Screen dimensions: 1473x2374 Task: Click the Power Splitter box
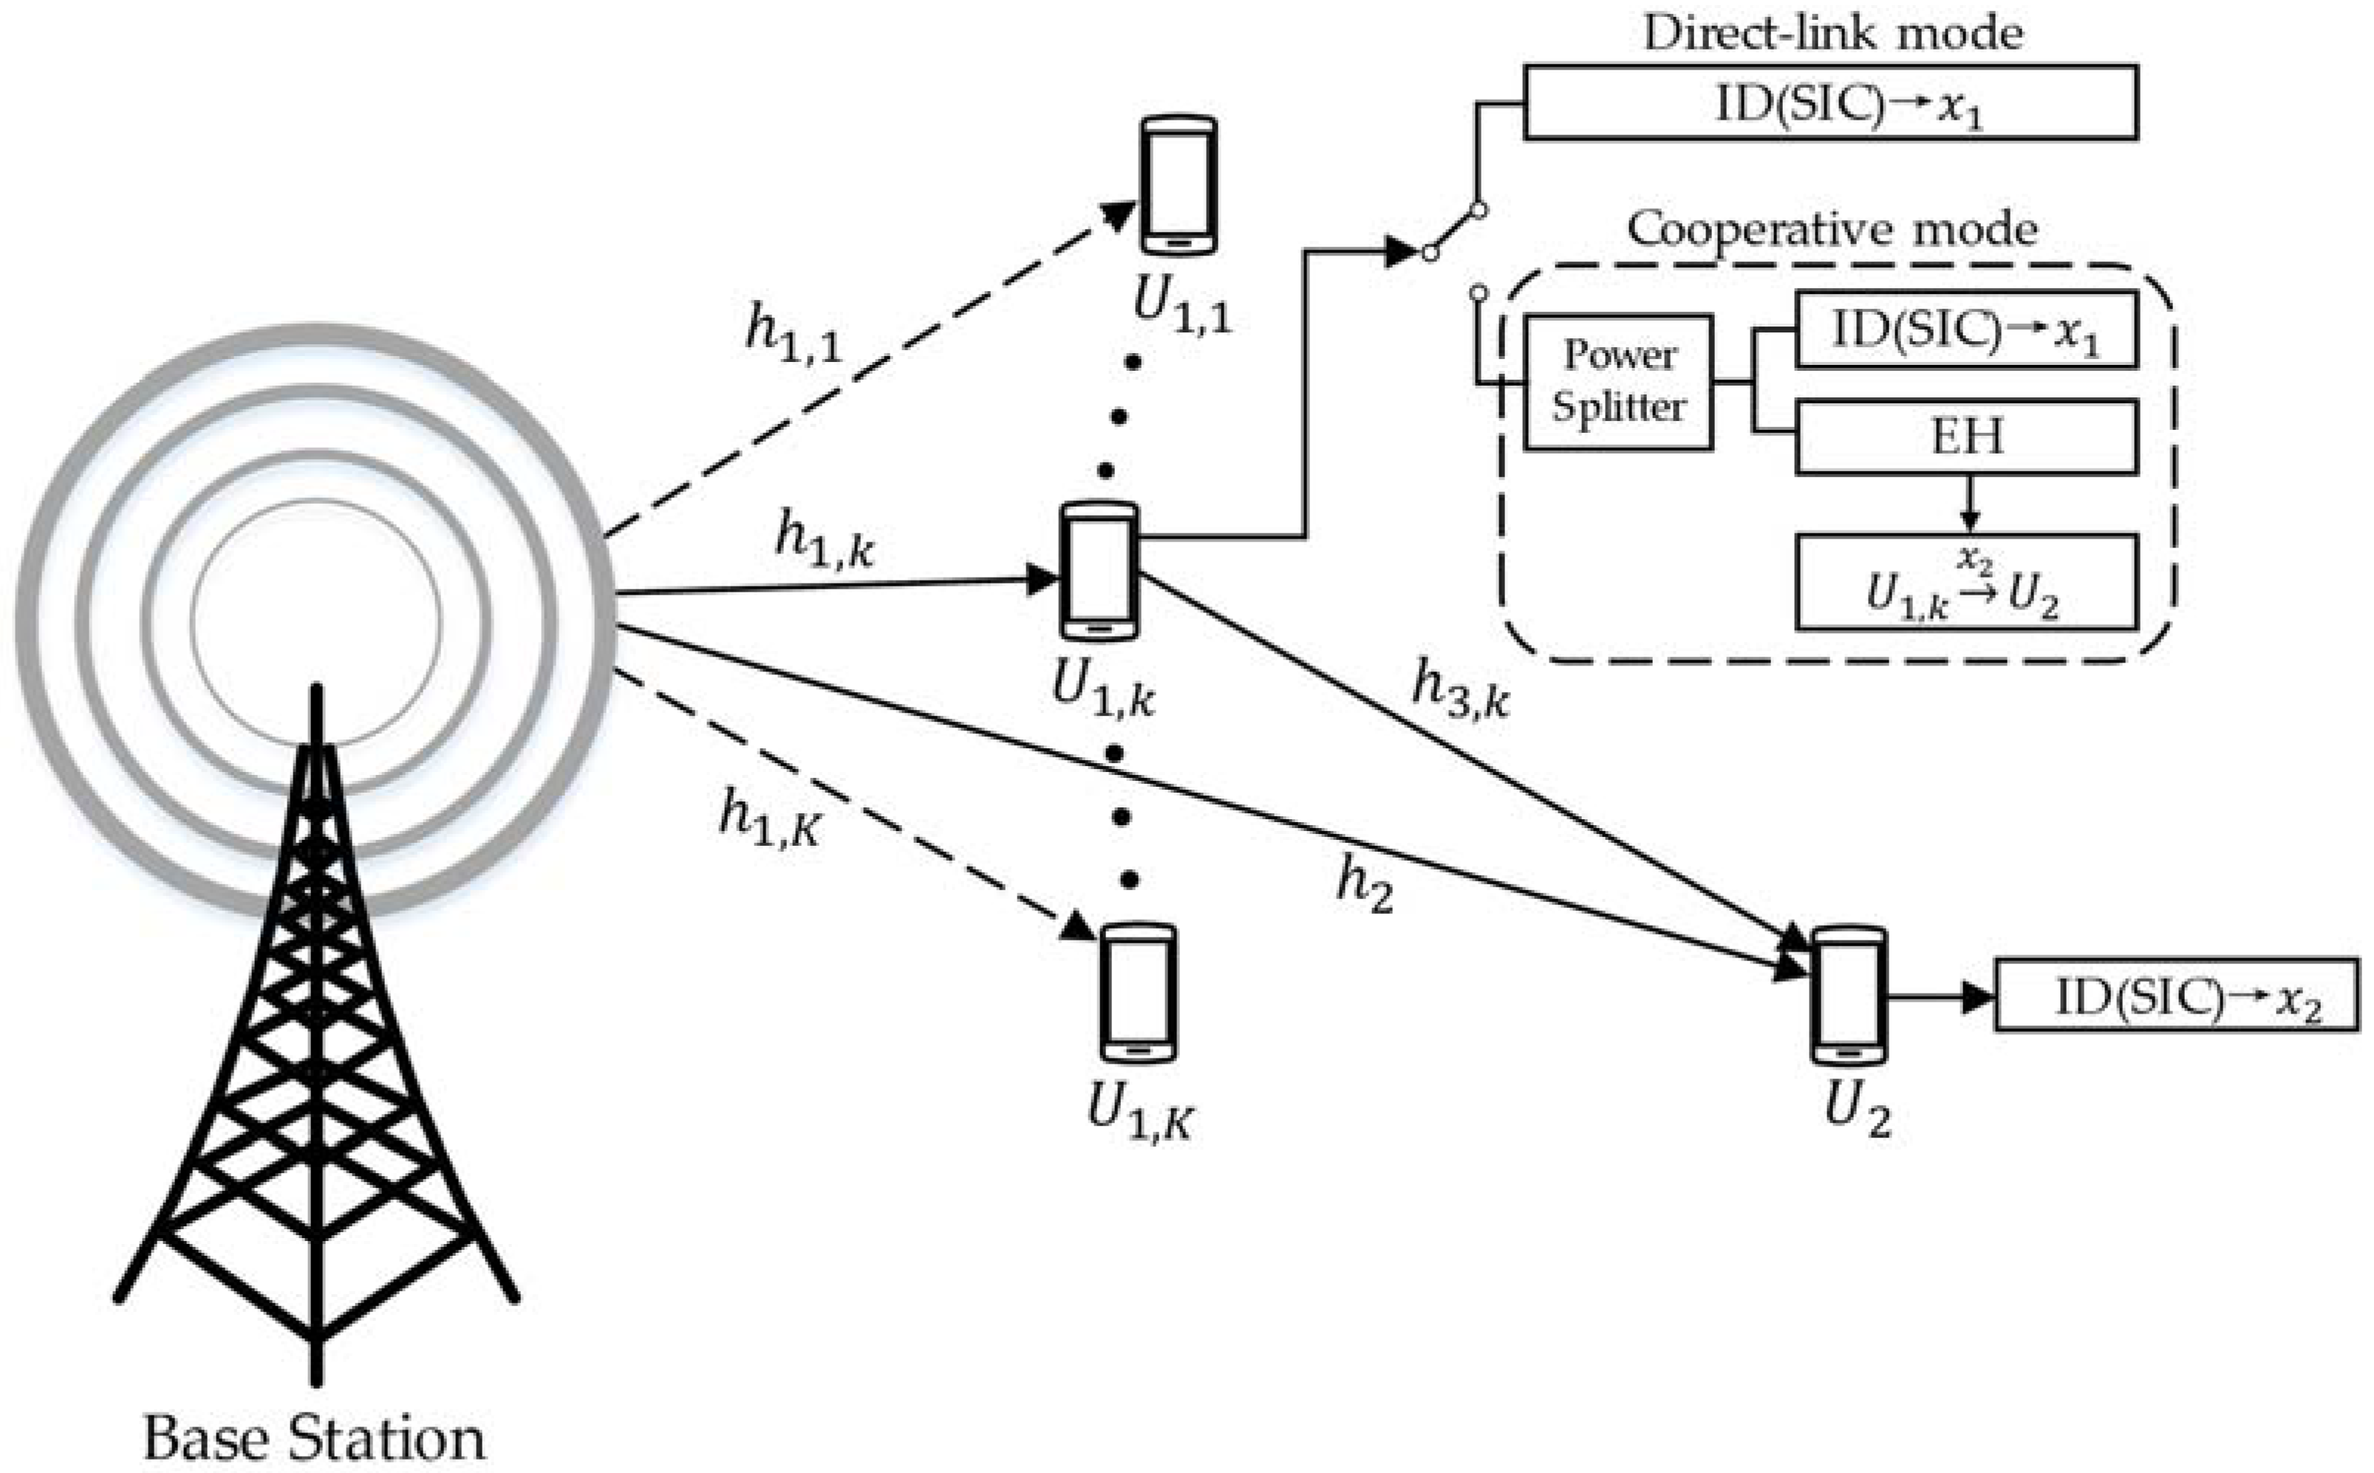pos(1617,382)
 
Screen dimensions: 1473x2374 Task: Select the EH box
pos(1966,437)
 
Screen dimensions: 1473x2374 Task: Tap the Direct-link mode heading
pos(1832,33)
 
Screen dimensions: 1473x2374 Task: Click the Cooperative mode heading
pos(1832,230)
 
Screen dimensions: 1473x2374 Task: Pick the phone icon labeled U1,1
pos(1178,185)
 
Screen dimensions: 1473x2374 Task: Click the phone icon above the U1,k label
pos(1099,571)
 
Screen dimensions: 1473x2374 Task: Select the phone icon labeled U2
pos(1848,996)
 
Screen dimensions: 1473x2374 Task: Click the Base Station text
pos(314,1438)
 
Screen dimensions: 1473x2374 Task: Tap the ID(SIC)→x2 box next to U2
pos(2176,994)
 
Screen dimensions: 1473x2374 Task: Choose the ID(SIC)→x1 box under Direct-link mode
pos(1829,102)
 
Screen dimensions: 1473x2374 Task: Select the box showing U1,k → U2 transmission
pos(1966,583)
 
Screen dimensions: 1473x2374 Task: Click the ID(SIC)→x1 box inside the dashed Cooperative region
pos(1966,330)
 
